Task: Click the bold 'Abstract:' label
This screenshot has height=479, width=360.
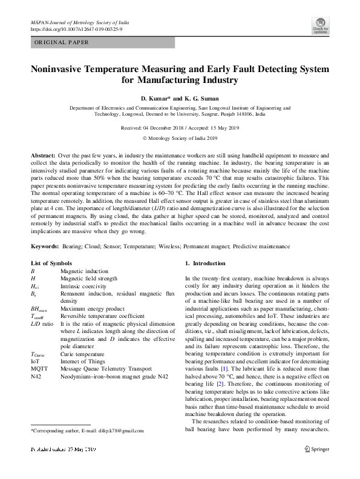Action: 44,156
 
